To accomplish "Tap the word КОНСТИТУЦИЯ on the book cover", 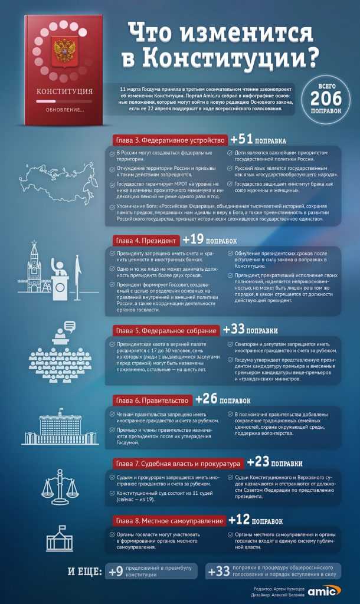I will click(x=64, y=91).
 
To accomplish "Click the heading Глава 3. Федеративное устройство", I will click(x=169, y=140).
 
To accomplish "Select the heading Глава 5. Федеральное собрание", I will click(x=165, y=330).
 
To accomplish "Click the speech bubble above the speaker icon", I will click(x=69, y=324).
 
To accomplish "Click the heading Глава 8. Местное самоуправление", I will click(x=168, y=521).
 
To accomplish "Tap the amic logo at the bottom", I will click(x=324, y=591).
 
